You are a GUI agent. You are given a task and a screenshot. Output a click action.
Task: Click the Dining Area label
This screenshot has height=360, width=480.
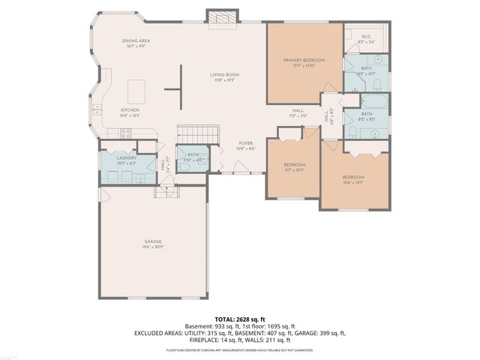pyautogui.click(x=136, y=44)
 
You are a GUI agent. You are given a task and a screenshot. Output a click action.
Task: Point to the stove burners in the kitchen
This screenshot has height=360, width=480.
pyautogui.click(x=126, y=133)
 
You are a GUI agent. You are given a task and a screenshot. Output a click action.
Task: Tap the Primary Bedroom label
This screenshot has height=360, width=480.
pyautogui.click(x=304, y=62)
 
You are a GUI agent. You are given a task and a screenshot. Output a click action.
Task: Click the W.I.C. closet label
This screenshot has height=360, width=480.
pyautogui.click(x=366, y=38)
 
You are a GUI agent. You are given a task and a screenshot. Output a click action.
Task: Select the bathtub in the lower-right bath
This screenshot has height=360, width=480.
pyautogui.click(x=373, y=103)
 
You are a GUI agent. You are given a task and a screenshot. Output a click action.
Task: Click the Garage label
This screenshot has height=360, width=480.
pyautogui.click(x=154, y=244)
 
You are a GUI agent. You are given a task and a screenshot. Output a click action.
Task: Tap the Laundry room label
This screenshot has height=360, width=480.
pyautogui.click(x=126, y=160)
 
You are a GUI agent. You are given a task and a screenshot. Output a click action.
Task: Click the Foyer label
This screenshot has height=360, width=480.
pyautogui.click(x=246, y=145)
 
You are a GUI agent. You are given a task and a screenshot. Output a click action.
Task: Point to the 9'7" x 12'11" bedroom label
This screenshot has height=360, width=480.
pyautogui.click(x=295, y=166)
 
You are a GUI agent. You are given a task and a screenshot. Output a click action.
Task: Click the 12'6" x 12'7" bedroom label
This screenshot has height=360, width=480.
pyautogui.click(x=352, y=178)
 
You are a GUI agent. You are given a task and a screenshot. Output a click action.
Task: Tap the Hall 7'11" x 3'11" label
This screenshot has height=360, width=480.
pyautogui.click(x=298, y=114)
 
